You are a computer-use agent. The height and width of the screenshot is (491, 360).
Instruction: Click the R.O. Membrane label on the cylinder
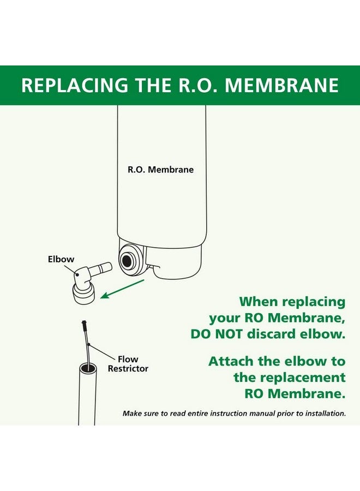pyautogui.click(x=160, y=170)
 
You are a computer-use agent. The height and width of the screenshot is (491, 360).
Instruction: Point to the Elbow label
pyautogui.click(x=61, y=259)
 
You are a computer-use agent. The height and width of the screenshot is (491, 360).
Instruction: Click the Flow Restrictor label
pyautogui.click(x=128, y=364)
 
